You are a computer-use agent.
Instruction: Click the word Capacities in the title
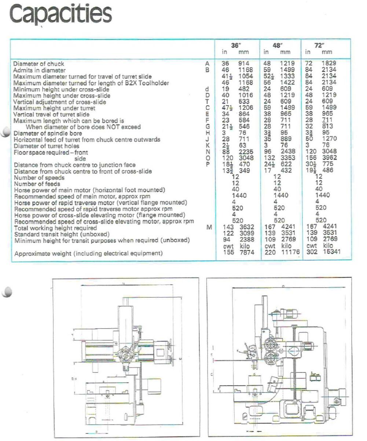pyautogui.click(x=60, y=14)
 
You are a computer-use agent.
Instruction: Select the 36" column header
pyautogui.click(x=236, y=46)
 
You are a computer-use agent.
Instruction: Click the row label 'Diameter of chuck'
pyautogui.click(x=38, y=64)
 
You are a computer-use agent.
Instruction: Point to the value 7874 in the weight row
pyautogui.click(x=246, y=253)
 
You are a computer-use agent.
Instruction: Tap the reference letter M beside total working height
pyautogui.click(x=209, y=227)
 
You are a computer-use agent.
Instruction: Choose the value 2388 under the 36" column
pyautogui.click(x=246, y=240)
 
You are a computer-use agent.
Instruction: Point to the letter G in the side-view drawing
pyautogui.click(x=254, y=374)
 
